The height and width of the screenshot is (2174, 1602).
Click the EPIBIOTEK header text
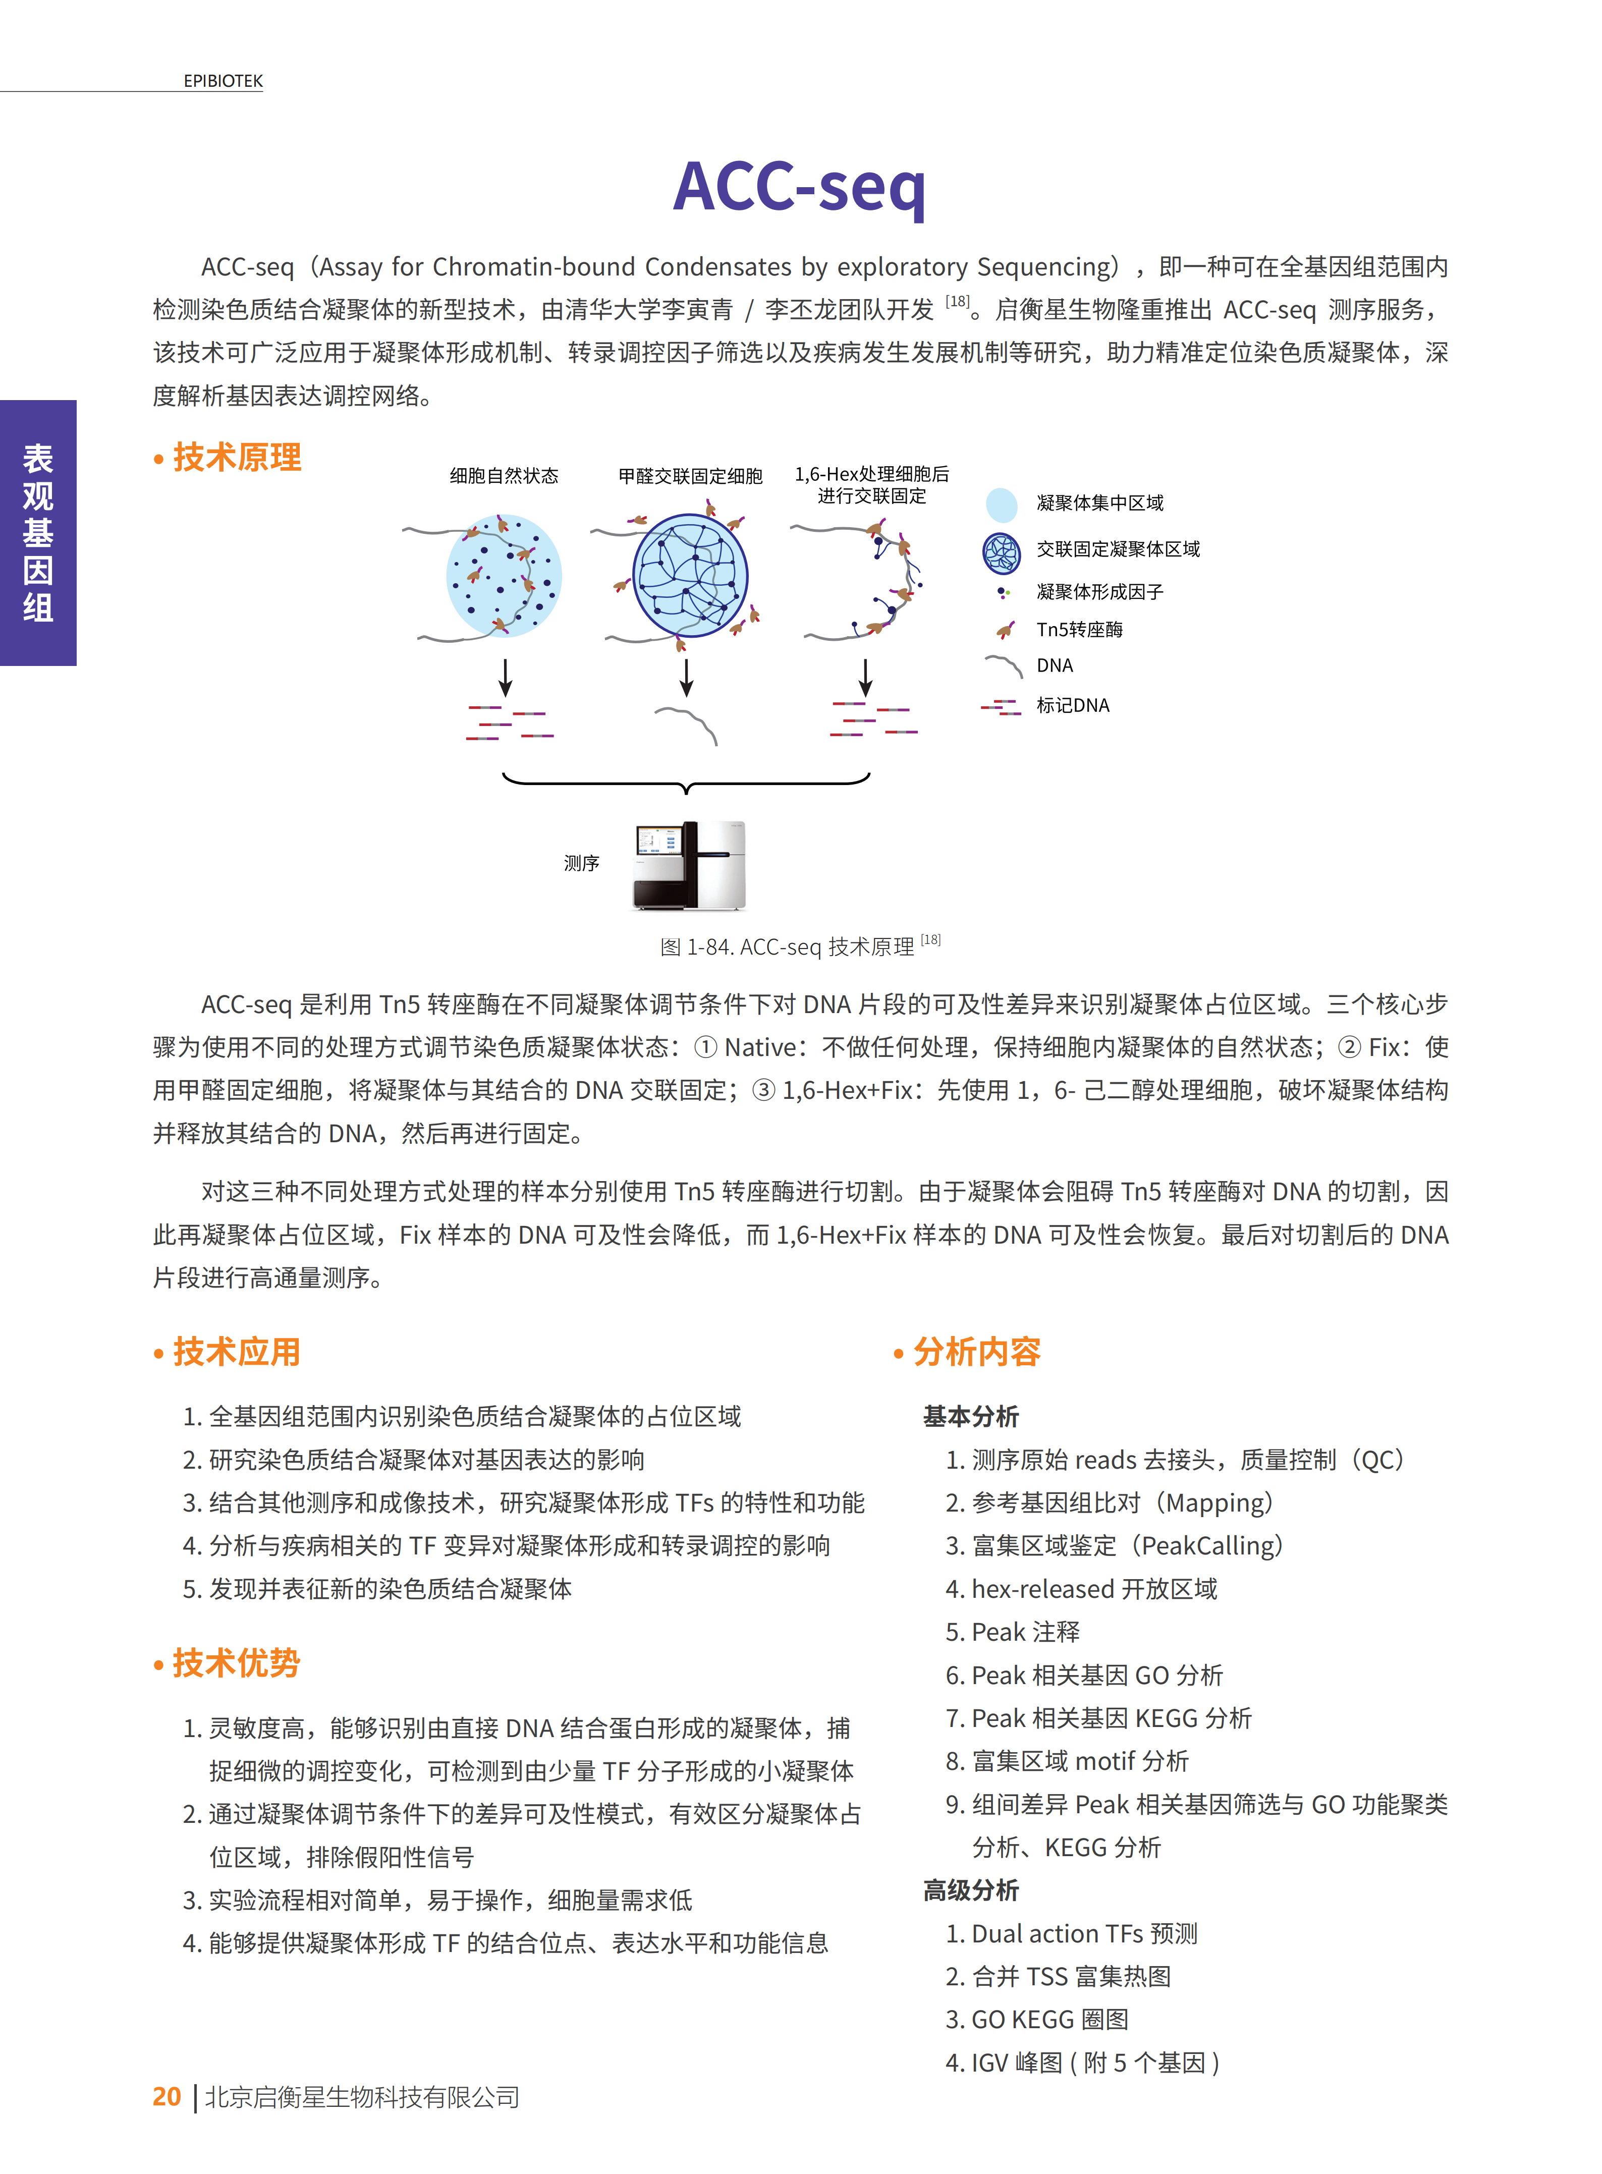tap(223, 81)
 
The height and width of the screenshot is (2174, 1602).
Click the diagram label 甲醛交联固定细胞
tap(690, 475)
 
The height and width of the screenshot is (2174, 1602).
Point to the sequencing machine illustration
tap(689, 865)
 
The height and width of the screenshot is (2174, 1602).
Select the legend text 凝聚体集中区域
tap(1099, 503)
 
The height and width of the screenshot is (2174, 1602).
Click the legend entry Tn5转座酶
tap(1079, 629)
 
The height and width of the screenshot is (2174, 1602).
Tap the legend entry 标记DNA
tap(1073, 705)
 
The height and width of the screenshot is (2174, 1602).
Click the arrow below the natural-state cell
tap(505, 677)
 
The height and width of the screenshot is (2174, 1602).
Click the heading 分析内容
tap(976, 1351)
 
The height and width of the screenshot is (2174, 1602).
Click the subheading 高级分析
tap(971, 1890)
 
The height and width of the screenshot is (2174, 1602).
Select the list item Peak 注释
tap(1025, 1632)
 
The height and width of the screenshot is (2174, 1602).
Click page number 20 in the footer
tap(167, 2096)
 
